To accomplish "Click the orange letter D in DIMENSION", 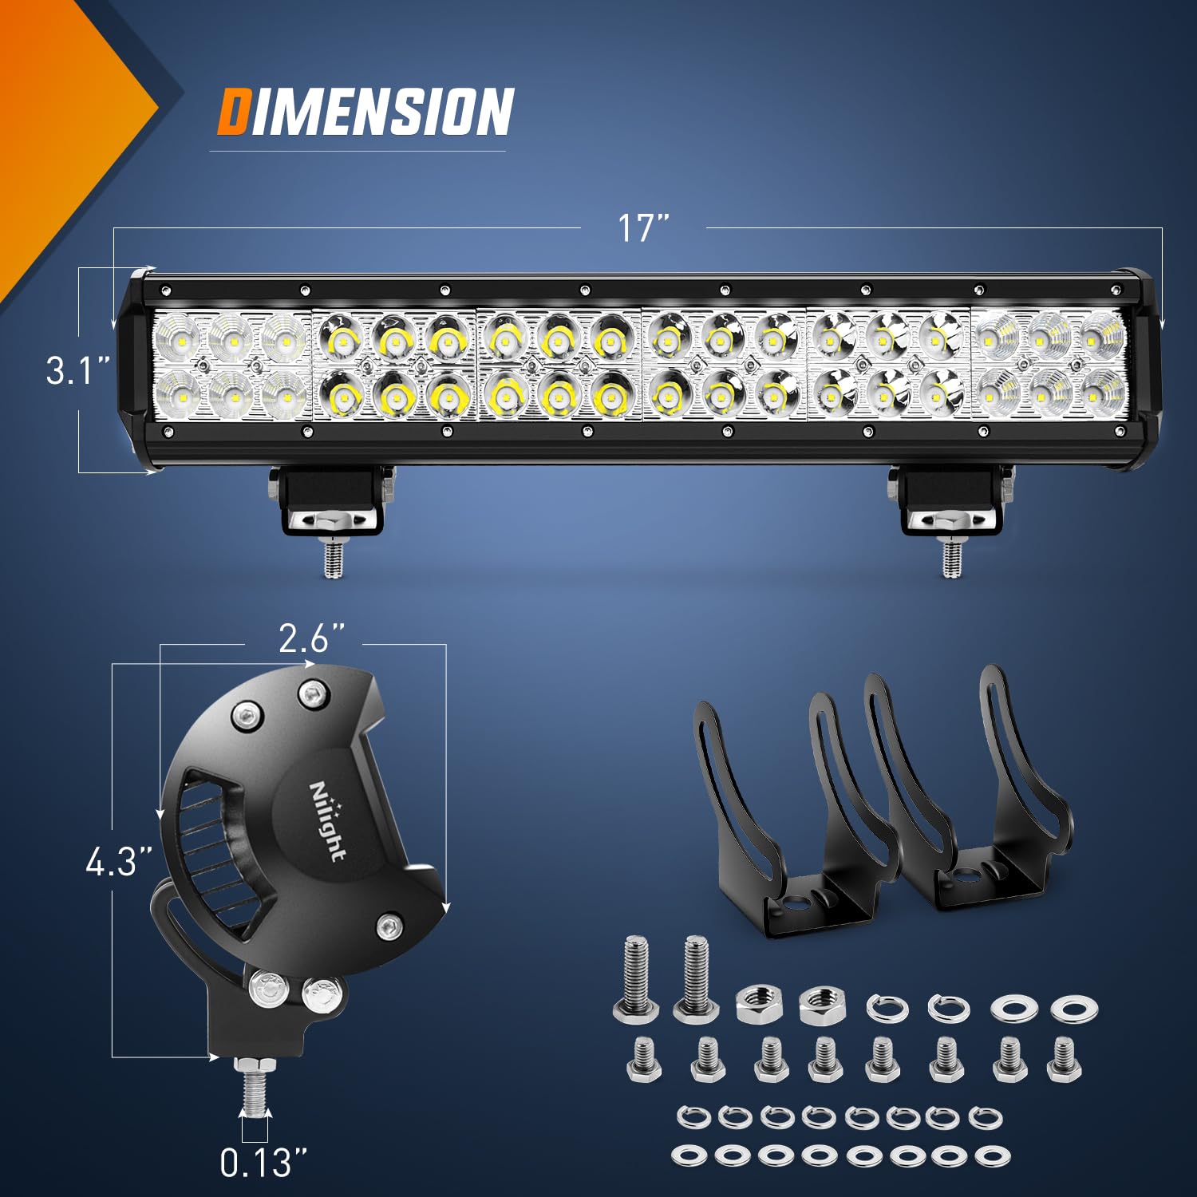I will pos(235,112).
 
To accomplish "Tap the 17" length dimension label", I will pos(642,228).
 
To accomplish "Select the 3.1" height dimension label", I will pos(77,371).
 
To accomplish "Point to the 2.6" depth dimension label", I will pos(311,638).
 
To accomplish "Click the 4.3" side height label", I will pos(118,862).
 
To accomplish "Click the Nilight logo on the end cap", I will pos(327,820).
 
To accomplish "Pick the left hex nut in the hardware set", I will pos(757,1004).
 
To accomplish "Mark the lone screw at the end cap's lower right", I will pos(389,926).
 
